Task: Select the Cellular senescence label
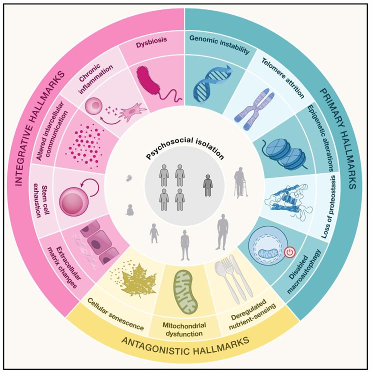115,313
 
